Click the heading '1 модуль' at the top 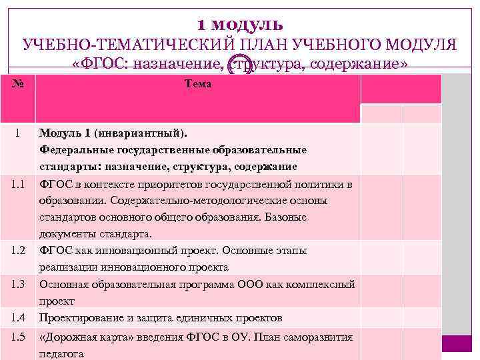(240, 25)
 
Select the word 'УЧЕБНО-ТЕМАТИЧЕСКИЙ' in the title (130, 45)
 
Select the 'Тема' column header (197, 84)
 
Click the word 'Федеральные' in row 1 (72, 149)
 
